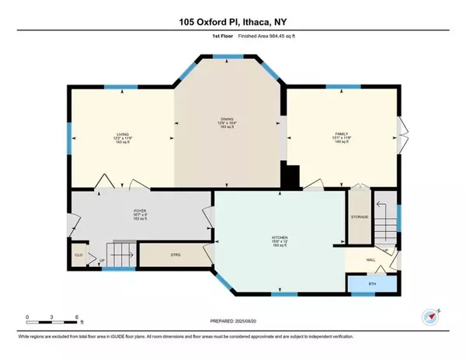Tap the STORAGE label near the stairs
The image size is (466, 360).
pyautogui.click(x=359, y=217)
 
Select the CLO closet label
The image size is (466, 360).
pyautogui.click(x=78, y=254)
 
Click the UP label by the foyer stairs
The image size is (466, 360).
pyautogui.click(x=102, y=261)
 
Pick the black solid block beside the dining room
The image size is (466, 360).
pyautogui.click(x=290, y=178)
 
